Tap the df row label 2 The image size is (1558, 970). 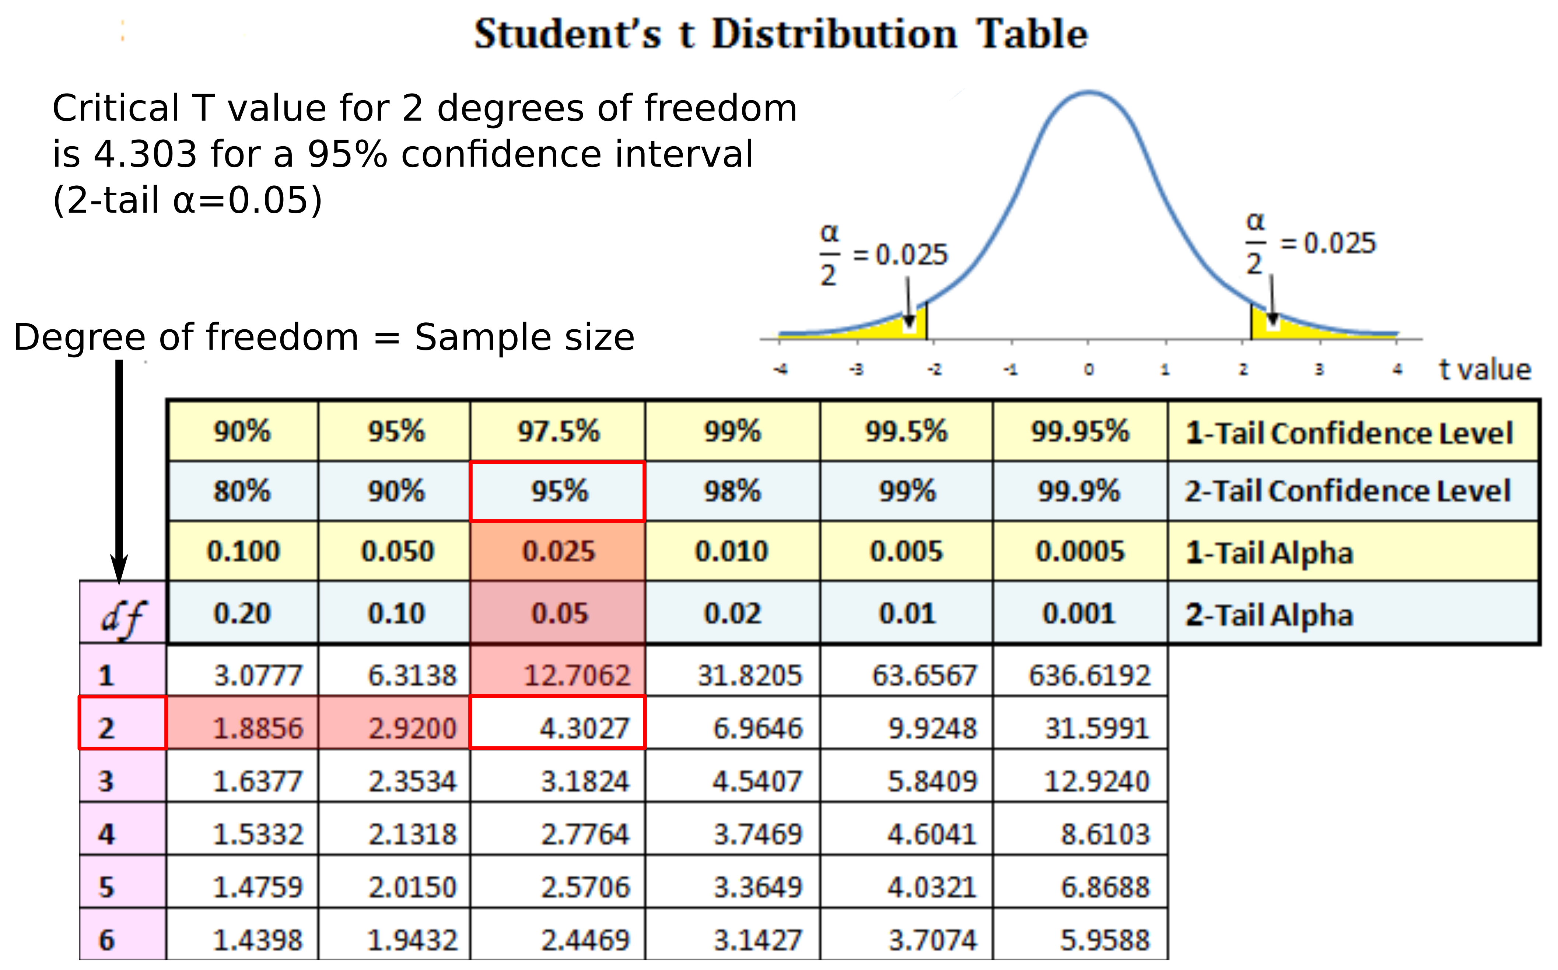[106, 728]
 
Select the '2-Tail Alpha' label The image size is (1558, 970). [1269, 614]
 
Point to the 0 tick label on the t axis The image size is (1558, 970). [1089, 370]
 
